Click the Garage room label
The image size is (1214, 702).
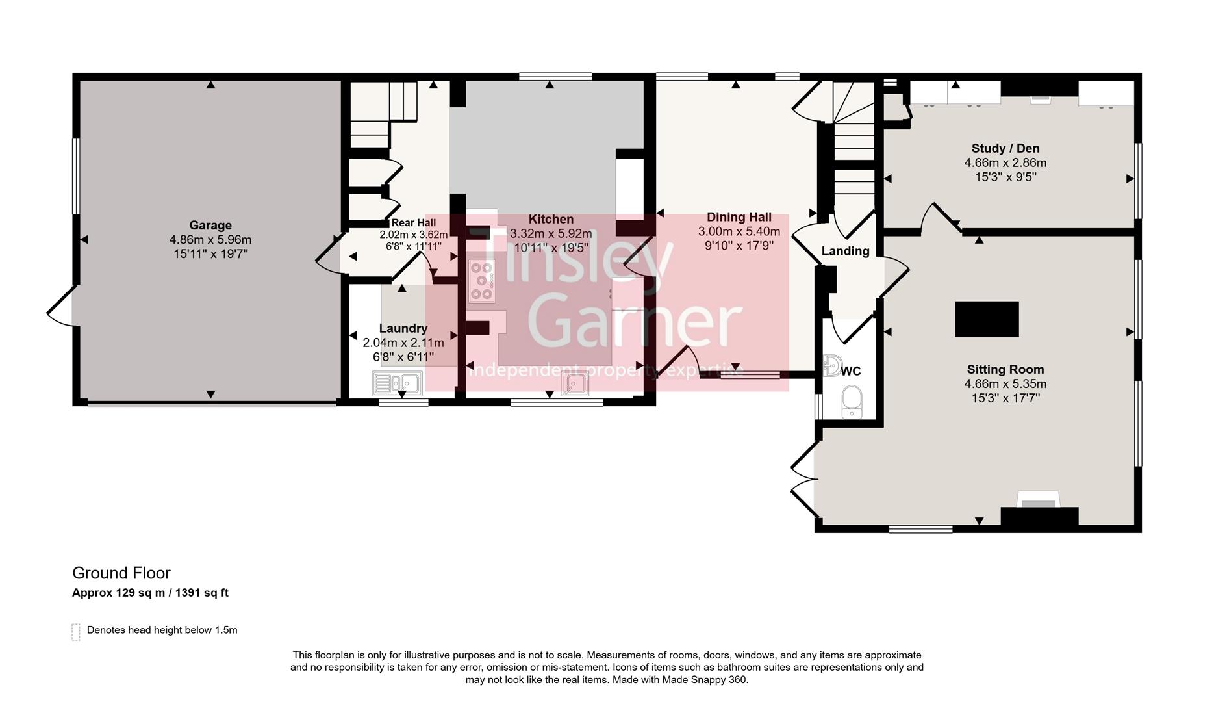tap(210, 226)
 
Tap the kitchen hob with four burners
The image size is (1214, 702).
tap(481, 281)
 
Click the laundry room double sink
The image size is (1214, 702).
tap(397, 383)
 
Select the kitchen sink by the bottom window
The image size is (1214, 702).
tap(575, 385)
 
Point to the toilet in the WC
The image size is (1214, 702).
tap(851, 402)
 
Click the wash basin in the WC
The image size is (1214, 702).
tap(831, 366)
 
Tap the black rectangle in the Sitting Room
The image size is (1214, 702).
tap(986, 319)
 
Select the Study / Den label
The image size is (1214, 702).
tap(1005, 148)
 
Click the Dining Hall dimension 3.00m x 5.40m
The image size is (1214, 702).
tap(739, 231)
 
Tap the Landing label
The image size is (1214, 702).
tap(844, 251)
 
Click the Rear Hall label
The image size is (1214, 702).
tap(413, 223)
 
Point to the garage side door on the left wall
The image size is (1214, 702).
tap(60, 307)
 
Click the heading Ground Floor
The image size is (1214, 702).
tap(121, 573)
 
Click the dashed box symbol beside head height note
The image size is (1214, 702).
tap(76, 631)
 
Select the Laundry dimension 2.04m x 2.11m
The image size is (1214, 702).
tap(403, 343)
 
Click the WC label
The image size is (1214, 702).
tap(850, 371)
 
